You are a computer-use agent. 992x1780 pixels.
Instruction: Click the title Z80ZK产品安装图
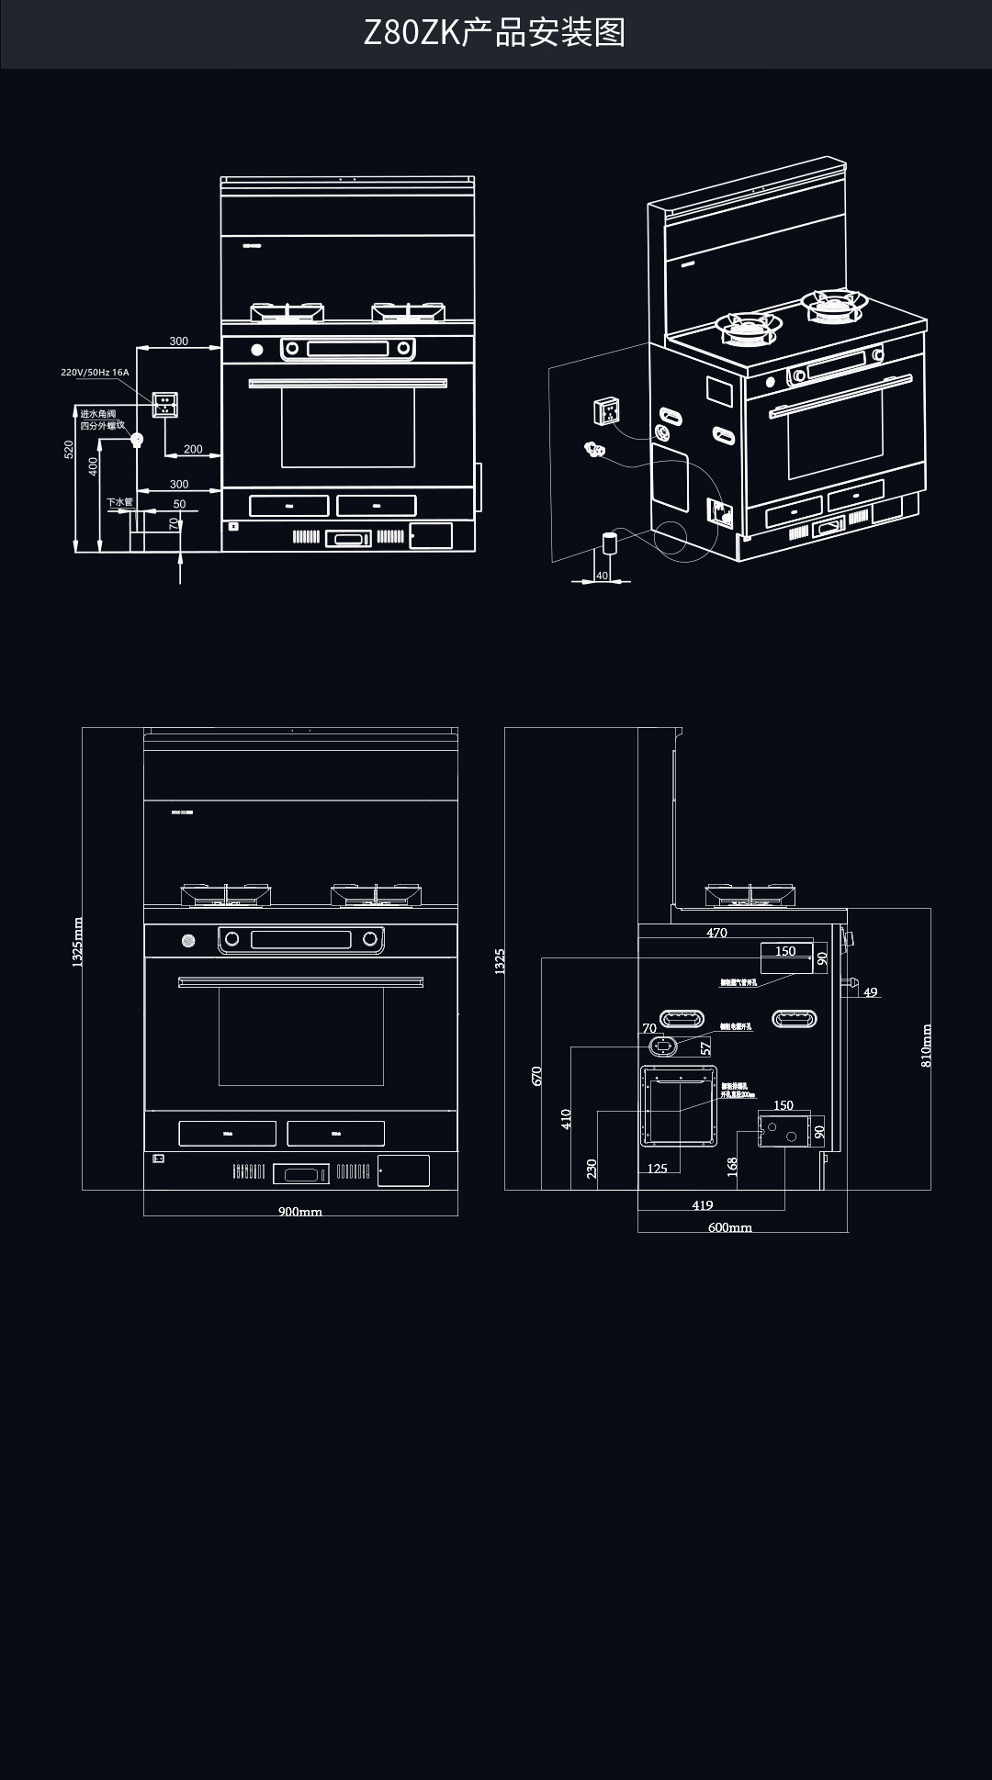click(495, 33)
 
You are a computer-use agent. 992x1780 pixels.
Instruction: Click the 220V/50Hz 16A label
click(95, 373)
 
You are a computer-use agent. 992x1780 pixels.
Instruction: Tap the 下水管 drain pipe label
click(119, 502)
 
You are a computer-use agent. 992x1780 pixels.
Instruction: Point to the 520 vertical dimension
click(69, 450)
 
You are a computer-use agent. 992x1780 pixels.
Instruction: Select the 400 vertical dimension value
click(93, 466)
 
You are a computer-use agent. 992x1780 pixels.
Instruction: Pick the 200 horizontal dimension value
click(193, 449)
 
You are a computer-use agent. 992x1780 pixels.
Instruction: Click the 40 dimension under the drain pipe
click(602, 576)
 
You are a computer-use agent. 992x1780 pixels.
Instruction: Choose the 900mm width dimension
click(300, 1212)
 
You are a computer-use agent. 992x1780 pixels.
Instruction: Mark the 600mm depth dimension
click(730, 1227)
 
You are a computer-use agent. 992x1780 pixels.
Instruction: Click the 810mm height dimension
click(926, 1046)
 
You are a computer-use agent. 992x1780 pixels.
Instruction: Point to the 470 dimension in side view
click(716, 933)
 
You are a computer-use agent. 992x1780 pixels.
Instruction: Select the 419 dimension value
click(702, 1205)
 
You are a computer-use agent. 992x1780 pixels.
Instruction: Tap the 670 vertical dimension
click(537, 1076)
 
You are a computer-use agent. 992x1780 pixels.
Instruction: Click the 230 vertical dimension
click(592, 1168)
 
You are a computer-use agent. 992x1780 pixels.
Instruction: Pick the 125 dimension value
click(658, 1169)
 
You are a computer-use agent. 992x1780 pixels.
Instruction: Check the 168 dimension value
click(732, 1166)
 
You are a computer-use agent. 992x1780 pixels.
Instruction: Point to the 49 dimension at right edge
click(871, 992)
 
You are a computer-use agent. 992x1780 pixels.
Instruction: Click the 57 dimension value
click(705, 1047)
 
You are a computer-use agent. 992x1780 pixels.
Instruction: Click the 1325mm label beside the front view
click(77, 942)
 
